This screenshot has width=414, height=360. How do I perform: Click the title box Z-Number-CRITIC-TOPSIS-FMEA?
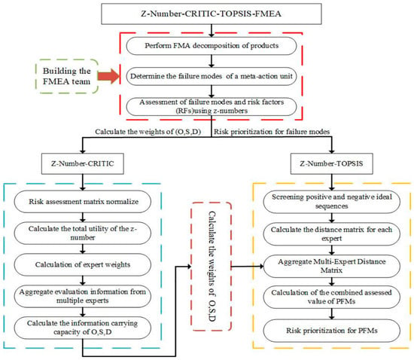click(212, 14)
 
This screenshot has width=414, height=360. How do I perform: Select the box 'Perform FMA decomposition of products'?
click(212, 46)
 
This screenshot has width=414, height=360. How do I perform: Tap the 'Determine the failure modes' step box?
click(212, 76)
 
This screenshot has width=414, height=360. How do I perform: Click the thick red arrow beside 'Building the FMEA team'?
click(109, 76)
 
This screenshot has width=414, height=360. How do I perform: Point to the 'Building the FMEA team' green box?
click(67, 76)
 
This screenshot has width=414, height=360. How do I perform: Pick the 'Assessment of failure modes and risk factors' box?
click(212, 107)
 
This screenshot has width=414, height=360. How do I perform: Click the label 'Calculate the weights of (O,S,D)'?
click(148, 132)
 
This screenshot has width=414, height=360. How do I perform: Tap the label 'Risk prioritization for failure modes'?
click(272, 132)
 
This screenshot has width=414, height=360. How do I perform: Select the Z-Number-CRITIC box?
click(83, 163)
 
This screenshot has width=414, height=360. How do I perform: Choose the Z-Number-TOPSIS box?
click(332, 163)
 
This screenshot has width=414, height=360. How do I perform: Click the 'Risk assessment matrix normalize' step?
click(83, 202)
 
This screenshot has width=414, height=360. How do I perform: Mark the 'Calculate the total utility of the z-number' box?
click(83, 233)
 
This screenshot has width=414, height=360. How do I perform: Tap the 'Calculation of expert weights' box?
click(83, 264)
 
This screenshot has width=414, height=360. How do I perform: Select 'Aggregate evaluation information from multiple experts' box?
click(83, 296)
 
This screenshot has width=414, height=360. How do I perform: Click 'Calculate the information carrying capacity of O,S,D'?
click(83, 328)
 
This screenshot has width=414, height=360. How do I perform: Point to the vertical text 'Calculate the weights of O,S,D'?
click(212, 267)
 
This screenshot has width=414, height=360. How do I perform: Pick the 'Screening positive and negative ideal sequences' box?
click(332, 202)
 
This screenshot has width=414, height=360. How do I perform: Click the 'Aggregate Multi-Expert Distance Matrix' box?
click(332, 266)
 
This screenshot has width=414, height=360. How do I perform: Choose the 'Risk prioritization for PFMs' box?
click(332, 331)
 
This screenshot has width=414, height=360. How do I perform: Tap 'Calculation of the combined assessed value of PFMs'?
click(332, 297)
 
